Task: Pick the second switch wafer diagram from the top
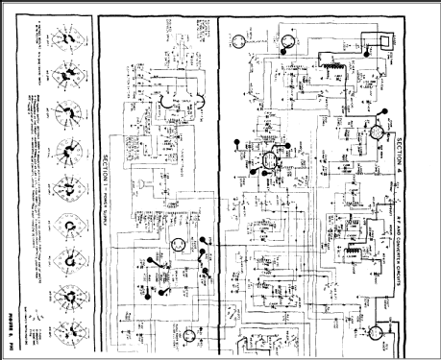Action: tap(67, 73)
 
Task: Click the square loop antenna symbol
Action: tap(376, 39)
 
